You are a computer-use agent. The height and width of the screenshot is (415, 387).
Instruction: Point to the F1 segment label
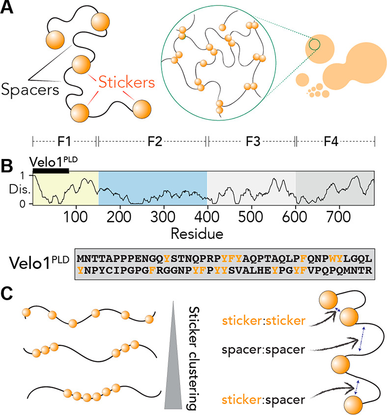64,141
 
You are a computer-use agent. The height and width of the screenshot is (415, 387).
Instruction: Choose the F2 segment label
152,141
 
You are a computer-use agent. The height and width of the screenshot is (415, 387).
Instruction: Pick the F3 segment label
251,141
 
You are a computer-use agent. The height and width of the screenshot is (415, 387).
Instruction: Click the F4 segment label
335,141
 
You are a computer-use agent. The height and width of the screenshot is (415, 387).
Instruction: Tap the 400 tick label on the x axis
207,217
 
